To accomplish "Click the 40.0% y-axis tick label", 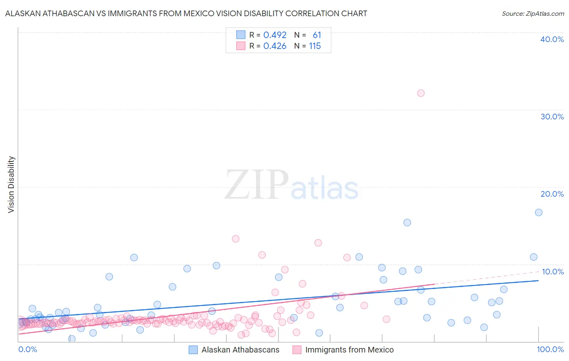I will tap(552, 39).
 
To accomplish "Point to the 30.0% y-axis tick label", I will tap(552, 117).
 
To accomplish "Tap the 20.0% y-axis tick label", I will tap(552, 194).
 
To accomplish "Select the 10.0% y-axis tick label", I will tap(553, 272).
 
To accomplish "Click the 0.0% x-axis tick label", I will tap(28, 349).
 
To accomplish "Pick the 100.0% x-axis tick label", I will tap(550, 349).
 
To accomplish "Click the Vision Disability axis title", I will tap(11, 185).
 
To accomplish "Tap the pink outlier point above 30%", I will tap(421, 93).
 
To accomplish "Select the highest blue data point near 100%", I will tap(539, 212).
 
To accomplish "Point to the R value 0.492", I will tap(275, 35).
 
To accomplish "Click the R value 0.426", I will tap(275, 46).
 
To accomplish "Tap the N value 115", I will tap(315, 46).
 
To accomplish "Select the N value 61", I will tap(316, 35).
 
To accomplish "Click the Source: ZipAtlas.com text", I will tap(533, 14).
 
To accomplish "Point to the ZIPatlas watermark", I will tap(291, 185).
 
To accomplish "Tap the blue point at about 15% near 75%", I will tap(407, 223).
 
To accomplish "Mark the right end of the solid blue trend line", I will tap(539, 280).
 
